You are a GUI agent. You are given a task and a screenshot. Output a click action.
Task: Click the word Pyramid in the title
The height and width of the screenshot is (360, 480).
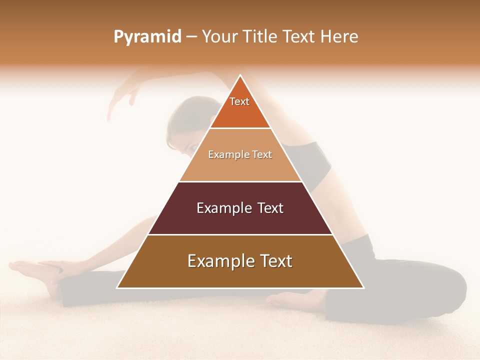pyautogui.click(x=147, y=37)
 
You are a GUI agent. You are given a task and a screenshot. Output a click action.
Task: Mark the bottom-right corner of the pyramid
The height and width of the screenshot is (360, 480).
pyautogui.click(x=363, y=287)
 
